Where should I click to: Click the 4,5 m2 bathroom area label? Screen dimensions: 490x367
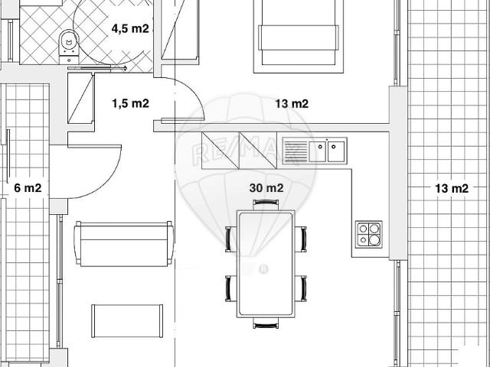coord(130,29)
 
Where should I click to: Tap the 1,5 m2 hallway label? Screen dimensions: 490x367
coord(131,103)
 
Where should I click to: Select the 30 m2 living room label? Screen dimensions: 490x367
coord(266,188)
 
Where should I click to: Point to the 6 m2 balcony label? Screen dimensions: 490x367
coord(28,188)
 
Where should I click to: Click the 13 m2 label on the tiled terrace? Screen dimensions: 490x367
coord(452,189)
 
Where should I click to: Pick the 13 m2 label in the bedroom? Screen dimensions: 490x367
coord(292,104)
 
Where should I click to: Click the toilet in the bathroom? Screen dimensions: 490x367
coord(69,46)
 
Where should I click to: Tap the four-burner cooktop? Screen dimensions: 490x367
coord(369,235)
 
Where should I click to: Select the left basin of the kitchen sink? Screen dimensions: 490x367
coord(318,151)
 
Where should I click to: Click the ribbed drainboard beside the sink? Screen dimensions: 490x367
coord(296,151)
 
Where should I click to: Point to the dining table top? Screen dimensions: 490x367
coord(266,264)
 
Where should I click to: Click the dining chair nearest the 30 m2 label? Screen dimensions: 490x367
coord(266,204)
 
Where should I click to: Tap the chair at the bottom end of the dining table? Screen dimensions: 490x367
coord(266,323)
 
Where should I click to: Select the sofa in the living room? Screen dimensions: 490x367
coord(124,244)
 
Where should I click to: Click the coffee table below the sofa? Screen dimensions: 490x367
coord(127,321)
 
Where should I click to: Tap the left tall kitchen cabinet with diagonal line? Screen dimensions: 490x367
coord(220,151)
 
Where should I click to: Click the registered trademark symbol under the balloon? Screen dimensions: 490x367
coord(264,269)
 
